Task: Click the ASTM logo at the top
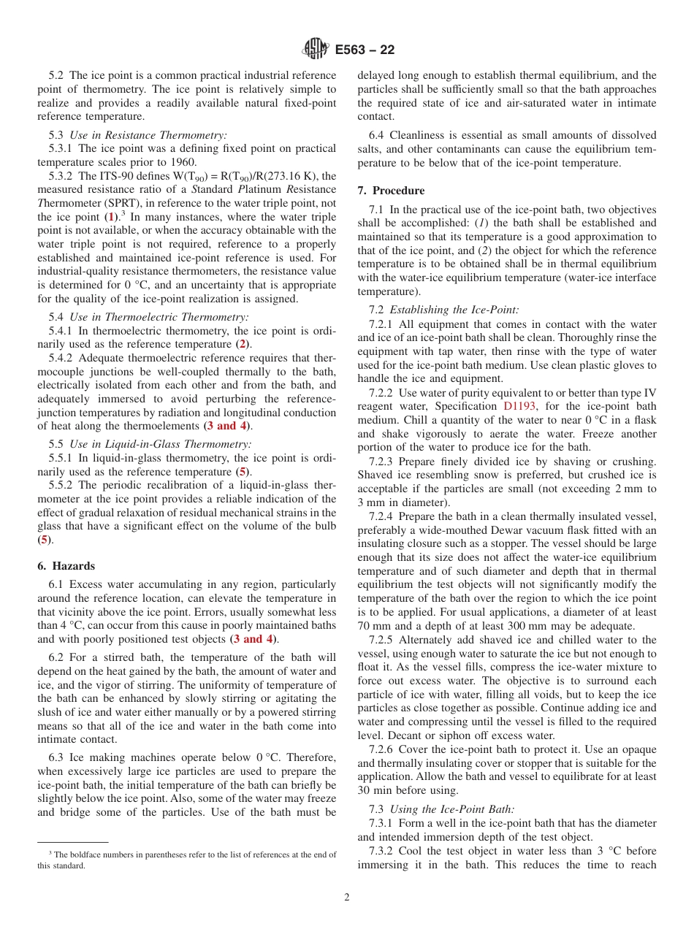[x=316, y=50]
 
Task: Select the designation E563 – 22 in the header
[x=365, y=50]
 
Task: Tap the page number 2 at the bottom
[x=347, y=898]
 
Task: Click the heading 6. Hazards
[x=66, y=566]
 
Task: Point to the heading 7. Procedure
[x=391, y=191]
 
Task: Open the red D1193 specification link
[x=519, y=406]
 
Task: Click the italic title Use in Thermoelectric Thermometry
[x=159, y=316]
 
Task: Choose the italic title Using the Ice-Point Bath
[x=452, y=808]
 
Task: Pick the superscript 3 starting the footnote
[x=50, y=852]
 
